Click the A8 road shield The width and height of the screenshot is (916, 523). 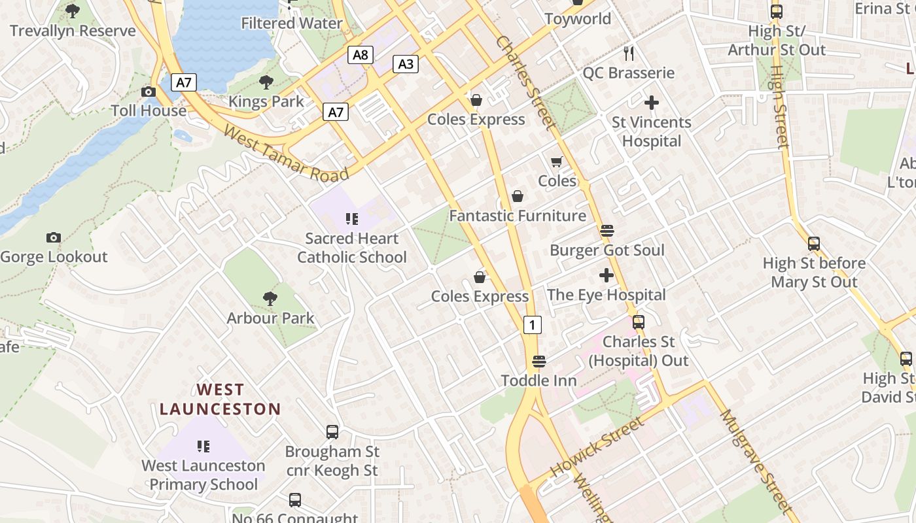coord(361,54)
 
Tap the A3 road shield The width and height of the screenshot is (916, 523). coord(406,63)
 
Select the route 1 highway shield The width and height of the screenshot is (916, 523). coord(533,324)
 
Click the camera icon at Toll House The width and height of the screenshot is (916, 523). coord(149,92)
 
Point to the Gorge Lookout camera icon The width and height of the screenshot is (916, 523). coord(54,238)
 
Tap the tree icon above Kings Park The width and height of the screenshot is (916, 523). coord(266,82)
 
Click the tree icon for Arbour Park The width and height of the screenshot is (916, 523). coord(270,299)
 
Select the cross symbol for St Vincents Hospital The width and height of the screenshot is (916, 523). coord(651,103)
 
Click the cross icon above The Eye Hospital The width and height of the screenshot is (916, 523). coord(607,275)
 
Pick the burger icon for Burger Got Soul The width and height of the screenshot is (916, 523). coord(607,231)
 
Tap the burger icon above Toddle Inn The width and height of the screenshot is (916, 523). coord(538,361)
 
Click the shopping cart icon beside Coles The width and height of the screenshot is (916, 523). coord(557,161)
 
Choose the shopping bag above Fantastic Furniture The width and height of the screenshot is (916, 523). coord(517,196)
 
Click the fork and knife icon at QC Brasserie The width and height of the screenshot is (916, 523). coord(629,53)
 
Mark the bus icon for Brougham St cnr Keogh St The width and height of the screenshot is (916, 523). coord(332,431)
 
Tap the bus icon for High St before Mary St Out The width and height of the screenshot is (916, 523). coord(813,244)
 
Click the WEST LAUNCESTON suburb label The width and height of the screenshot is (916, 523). coord(220,399)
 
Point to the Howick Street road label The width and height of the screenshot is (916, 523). coord(597,447)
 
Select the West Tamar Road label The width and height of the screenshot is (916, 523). coord(286,154)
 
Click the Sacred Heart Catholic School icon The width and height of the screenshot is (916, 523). coord(351,219)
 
